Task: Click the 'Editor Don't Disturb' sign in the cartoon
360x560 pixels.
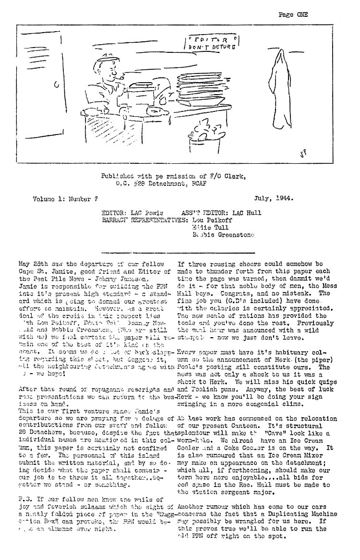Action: click(x=212, y=43)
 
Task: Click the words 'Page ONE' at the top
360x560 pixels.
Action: click(x=293, y=14)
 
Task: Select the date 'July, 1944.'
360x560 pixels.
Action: click(x=275, y=197)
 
